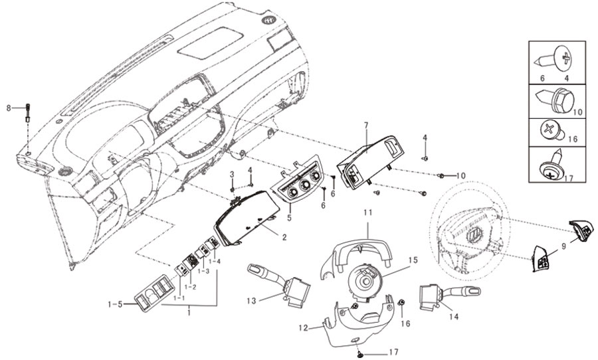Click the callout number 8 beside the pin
(x=9, y=108)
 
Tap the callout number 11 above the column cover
(x=367, y=213)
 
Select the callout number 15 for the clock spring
(x=413, y=260)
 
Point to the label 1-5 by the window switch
(x=115, y=304)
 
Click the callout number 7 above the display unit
(x=365, y=126)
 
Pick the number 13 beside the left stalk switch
(x=251, y=301)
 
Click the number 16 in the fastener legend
(x=573, y=139)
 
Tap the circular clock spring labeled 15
(x=365, y=282)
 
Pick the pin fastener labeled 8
(x=28, y=112)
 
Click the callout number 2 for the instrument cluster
(x=284, y=237)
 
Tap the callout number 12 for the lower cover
(x=304, y=328)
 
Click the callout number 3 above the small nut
(x=231, y=175)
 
